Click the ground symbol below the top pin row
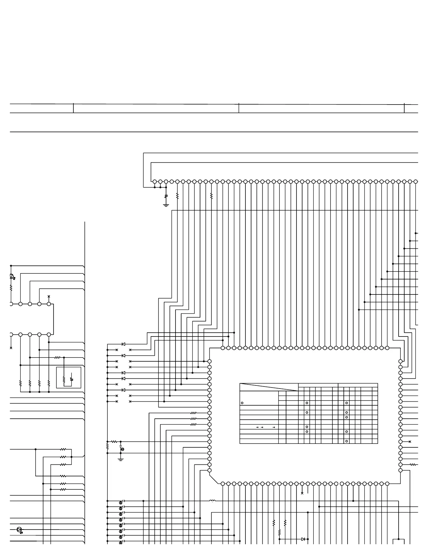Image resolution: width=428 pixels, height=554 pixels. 166,205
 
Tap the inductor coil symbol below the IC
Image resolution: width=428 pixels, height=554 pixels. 212,501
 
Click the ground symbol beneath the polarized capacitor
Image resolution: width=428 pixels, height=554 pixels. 121,459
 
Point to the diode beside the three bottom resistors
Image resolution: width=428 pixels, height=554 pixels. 303,539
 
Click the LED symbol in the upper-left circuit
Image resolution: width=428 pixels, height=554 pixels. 12,276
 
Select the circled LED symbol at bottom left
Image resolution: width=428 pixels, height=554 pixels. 19,530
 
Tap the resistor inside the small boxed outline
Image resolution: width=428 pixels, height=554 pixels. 64,379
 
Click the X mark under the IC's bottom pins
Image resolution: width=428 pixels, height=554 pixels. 302,493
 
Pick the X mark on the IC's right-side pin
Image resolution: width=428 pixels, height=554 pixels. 410,442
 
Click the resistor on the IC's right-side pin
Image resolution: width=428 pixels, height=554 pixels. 413,464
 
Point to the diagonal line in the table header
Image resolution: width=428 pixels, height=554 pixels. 269,387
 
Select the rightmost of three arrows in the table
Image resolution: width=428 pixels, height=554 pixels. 273,427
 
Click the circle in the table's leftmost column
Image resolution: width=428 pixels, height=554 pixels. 242,403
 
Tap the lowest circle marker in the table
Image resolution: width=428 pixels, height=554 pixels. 347,441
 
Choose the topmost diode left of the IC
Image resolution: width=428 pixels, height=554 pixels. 123,344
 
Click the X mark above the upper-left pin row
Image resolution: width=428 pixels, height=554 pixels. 49,296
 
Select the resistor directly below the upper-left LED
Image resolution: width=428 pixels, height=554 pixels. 11,288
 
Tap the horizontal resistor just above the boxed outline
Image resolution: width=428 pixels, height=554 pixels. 58,357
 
